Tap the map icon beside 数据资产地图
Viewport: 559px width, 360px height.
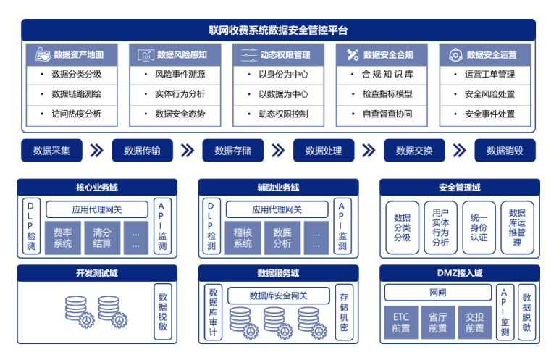pos(41,54)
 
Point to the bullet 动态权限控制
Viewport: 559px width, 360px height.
pos(283,114)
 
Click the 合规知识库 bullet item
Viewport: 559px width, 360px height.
pos(387,74)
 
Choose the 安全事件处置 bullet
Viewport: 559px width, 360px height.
pos(489,114)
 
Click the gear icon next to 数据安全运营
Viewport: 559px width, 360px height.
pos(455,54)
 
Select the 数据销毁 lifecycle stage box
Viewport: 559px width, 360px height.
pos(505,151)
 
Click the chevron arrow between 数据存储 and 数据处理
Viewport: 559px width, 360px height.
pos(277,151)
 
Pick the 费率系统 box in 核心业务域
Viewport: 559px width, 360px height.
pos(63,238)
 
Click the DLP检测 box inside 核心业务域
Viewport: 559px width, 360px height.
pos(31,226)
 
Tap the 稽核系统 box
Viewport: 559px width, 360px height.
pos(243,238)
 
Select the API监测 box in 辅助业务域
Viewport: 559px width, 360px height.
pos(342,226)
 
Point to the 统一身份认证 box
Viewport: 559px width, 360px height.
pos(479,227)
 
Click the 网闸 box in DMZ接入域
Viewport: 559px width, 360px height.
pos(437,293)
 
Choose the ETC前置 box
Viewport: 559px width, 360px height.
pos(401,322)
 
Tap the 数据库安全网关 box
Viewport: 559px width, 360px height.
pos(278,296)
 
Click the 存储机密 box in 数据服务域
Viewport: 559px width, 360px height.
pos(344,312)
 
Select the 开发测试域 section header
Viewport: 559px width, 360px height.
pos(96,273)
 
